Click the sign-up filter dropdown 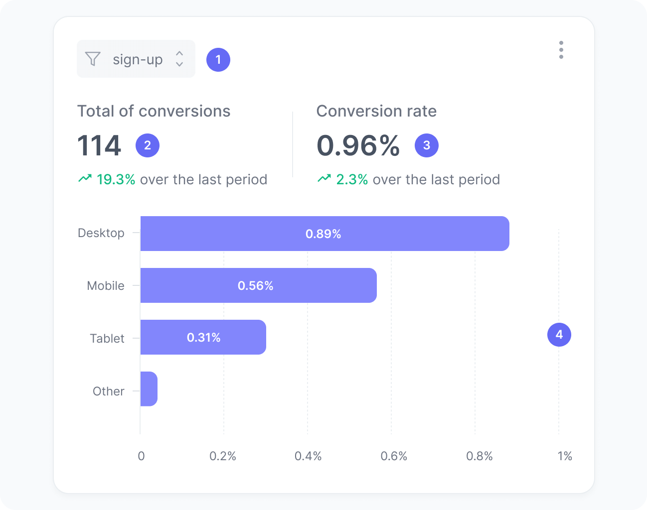136,59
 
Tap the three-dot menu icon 561,50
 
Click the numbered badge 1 218,60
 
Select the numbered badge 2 148,145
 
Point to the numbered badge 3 427,145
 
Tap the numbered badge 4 559,335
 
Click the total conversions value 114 99,145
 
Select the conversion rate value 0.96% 358,145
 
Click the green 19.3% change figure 116,179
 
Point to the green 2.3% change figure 352,179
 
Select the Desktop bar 324,234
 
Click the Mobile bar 258,285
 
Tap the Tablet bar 203,337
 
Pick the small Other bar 149,389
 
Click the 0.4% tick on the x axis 308,456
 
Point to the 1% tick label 565,456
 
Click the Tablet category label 107,339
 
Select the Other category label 109,391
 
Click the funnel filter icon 93,59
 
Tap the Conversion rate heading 376,111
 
